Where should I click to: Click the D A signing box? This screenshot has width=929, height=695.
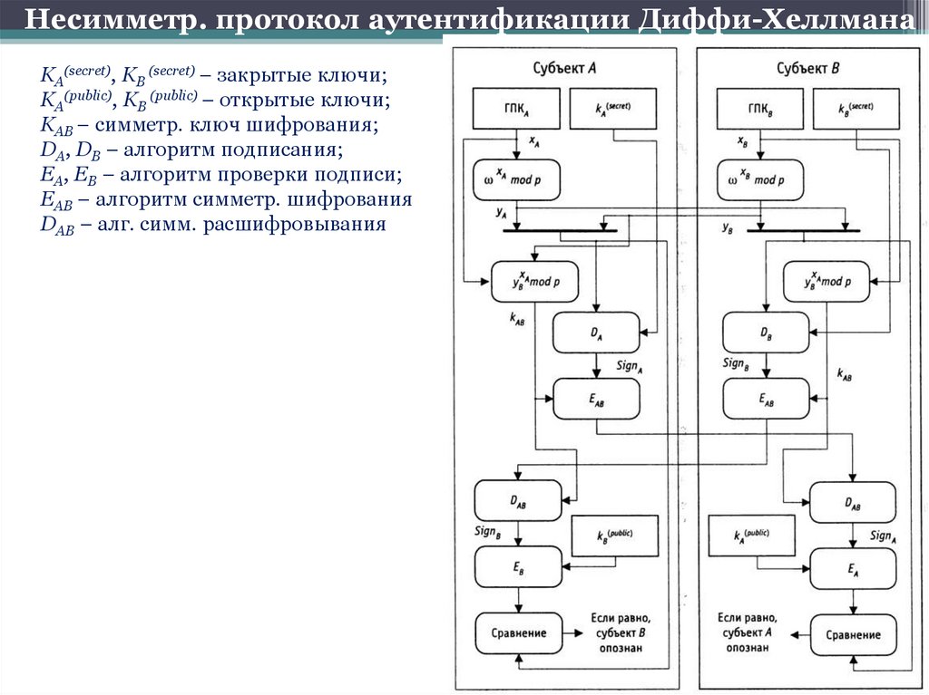(x=596, y=333)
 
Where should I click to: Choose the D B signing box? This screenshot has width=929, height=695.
(x=765, y=333)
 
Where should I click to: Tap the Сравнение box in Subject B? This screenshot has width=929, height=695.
(x=851, y=634)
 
